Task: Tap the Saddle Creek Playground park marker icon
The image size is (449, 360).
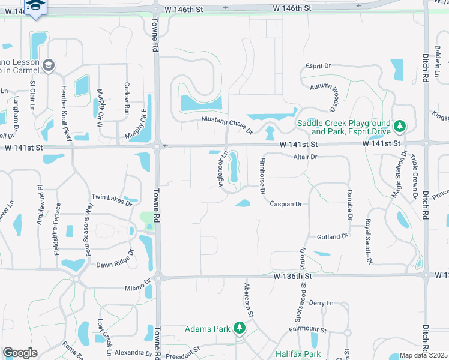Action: [399, 127]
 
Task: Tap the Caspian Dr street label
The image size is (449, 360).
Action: [285, 204]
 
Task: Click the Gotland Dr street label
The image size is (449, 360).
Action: [333, 236]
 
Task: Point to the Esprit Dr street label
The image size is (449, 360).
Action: [318, 65]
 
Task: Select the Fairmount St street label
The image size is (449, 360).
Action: [307, 330]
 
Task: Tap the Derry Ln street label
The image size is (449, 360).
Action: [321, 303]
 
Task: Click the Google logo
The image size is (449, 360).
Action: [20, 353]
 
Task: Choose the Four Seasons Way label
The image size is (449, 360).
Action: [89, 231]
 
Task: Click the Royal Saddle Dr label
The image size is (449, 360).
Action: [367, 241]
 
